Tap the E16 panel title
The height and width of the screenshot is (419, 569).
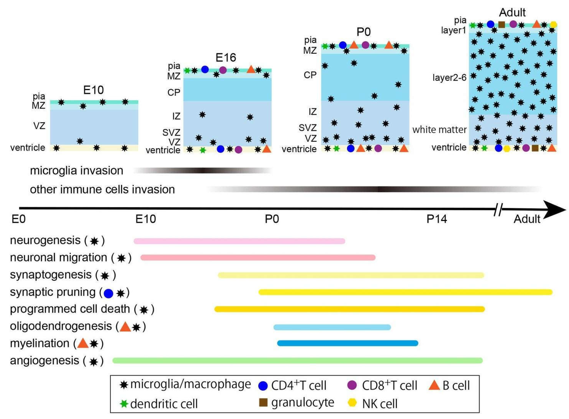point(226,58)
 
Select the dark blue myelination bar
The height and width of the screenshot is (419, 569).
point(347,343)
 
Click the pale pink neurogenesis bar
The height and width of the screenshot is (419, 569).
point(239,241)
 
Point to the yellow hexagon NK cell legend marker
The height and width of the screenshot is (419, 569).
point(352,402)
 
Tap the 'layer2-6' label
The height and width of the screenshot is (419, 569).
point(449,78)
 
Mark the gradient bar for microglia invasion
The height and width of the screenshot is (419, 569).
point(202,170)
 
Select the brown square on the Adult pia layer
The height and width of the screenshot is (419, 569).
point(501,25)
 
